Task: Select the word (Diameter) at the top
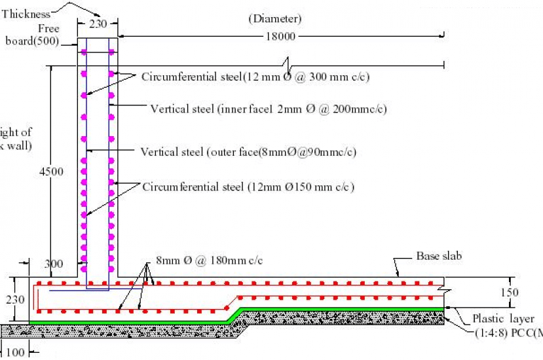click(x=275, y=19)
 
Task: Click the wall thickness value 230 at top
click(x=97, y=22)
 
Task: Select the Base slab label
click(x=439, y=256)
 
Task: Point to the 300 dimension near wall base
click(x=54, y=264)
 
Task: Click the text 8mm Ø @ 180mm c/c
click(x=209, y=261)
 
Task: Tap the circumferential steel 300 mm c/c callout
click(x=255, y=77)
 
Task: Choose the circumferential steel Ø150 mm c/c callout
click(x=248, y=187)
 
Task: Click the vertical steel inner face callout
click(x=269, y=109)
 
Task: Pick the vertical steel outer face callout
click(x=249, y=153)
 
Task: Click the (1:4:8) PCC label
click(x=508, y=333)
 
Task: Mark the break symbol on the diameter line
click(x=286, y=65)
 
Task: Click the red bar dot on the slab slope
click(x=225, y=298)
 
